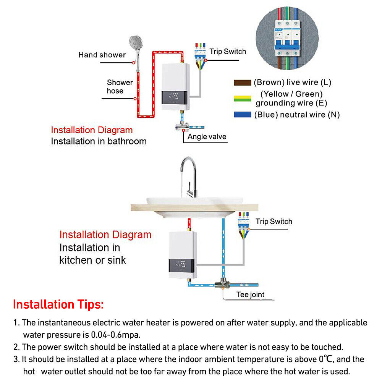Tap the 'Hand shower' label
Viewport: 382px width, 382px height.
[x=102, y=55]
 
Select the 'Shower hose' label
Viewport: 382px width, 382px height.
[x=119, y=87]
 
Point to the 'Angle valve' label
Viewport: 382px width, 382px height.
[x=207, y=137]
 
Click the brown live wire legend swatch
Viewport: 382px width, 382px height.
[x=242, y=83]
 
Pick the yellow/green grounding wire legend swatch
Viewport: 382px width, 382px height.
[x=242, y=98]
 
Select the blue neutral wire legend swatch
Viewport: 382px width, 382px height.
[x=242, y=115]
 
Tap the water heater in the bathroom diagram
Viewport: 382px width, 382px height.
[x=175, y=87]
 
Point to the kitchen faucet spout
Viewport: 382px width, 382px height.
[x=188, y=172]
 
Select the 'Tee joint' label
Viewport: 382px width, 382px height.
[x=250, y=295]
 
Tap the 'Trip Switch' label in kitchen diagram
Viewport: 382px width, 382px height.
[x=274, y=222]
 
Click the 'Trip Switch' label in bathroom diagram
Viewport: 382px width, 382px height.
[x=228, y=52]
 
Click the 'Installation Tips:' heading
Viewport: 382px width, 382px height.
[x=58, y=305]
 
